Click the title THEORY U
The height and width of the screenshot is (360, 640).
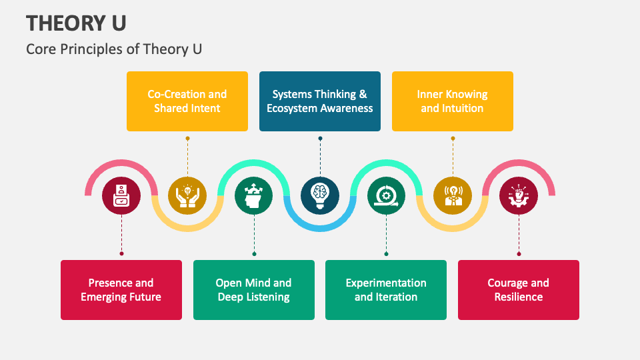pyautogui.click(x=77, y=23)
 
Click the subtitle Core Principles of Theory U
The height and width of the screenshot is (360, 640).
pyautogui.click(x=114, y=49)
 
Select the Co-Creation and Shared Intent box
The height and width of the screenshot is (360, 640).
pyautogui.click(x=187, y=101)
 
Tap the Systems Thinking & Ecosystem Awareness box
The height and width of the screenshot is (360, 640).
pyautogui.click(x=320, y=101)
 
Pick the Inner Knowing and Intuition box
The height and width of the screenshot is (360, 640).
pyautogui.click(x=453, y=101)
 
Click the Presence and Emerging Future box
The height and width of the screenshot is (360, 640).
pyautogui.click(x=121, y=290)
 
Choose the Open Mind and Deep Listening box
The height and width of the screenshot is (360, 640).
pyautogui.click(x=254, y=290)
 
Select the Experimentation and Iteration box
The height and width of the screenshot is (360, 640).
pyautogui.click(x=386, y=290)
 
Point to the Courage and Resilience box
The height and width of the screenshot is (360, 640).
pyautogui.click(x=519, y=290)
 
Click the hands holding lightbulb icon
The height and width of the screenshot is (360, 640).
pyautogui.click(x=187, y=195)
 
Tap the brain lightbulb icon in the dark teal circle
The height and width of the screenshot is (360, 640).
pyautogui.click(x=320, y=195)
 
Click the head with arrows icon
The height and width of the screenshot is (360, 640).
pyautogui.click(x=254, y=195)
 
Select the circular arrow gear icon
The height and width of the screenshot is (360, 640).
pyautogui.click(x=386, y=195)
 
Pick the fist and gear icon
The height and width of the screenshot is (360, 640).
pyautogui.click(x=519, y=195)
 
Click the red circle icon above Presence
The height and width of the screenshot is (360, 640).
pyautogui.click(x=121, y=195)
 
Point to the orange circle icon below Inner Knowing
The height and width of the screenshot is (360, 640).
pyautogui.click(x=453, y=195)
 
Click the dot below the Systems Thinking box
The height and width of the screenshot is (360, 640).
pyautogui.click(x=320, y=139)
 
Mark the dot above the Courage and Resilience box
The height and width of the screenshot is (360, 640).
pyautogui.click(x=519, y=253)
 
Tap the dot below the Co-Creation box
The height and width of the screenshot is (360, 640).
pyautogui.click(x=187, y=139)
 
